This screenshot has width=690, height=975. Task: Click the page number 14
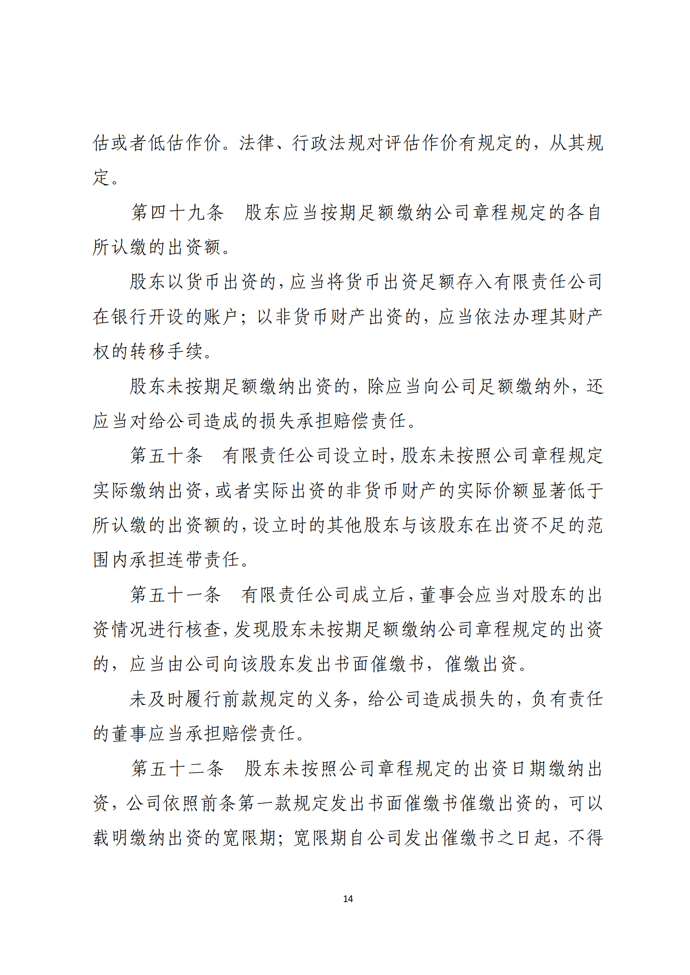(x=348, y=899)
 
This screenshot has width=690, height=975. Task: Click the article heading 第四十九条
(x=177, y=212)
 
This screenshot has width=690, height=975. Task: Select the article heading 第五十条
(x=166, y=456)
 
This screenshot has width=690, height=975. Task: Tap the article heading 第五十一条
(x=176, y=594)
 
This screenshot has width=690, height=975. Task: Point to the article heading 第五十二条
(x=177, y=768)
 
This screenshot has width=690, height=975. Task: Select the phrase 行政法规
(x=328, y=143)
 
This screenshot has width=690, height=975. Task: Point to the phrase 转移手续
(x=166, y=351)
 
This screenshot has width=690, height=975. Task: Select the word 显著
(x=549, y=491)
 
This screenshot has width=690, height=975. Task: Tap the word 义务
(x=332, y=699)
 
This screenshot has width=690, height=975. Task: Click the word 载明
(x=111, y=838)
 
